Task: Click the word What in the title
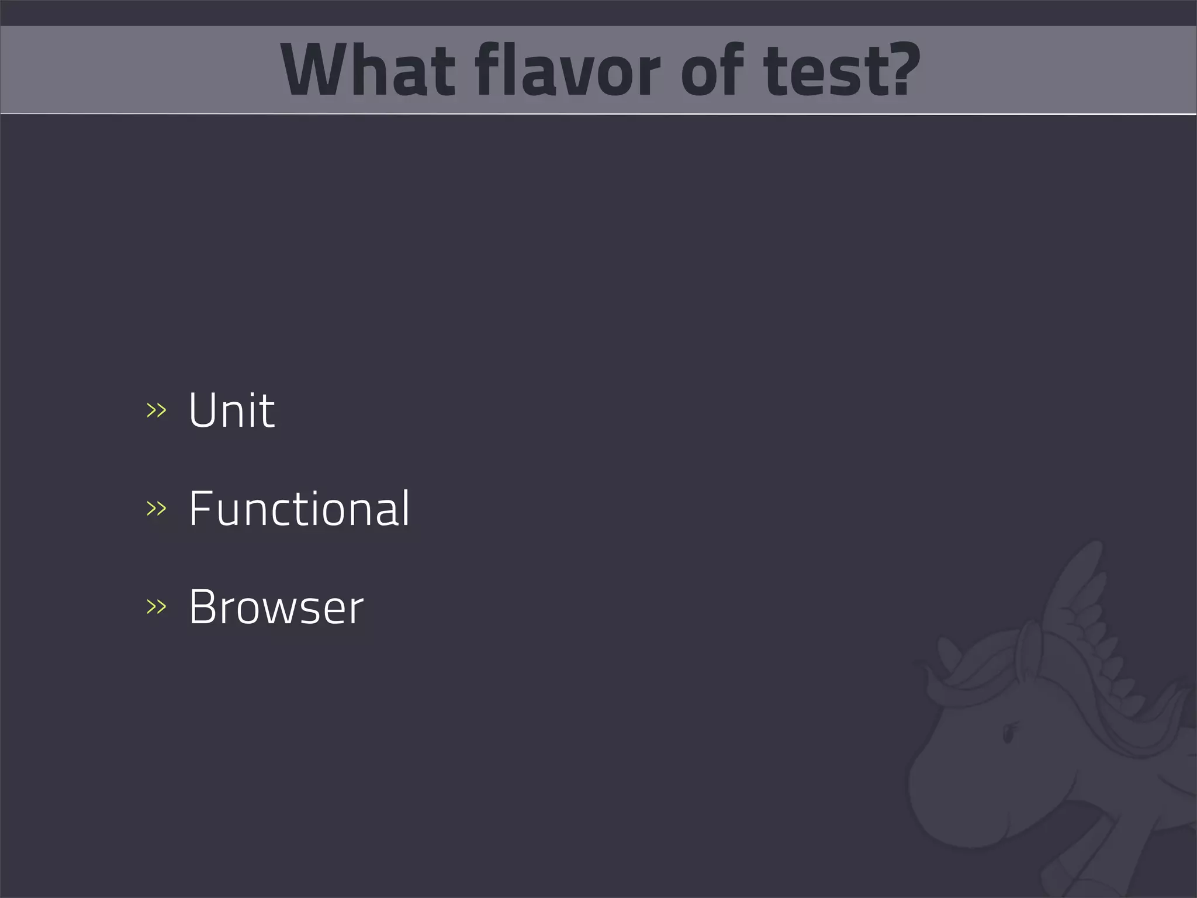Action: pyautogui.click(x=368, y=70)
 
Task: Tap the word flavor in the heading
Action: pyautogui.click(x=568, y=70)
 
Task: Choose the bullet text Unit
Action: pyautogui.click(x=231, y=410)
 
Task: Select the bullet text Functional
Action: pyautogui.click(x=299, y=509)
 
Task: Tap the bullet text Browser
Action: pyautogui.click(x=276, y=607)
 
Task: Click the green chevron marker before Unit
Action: pyautogui.click(x=156, y=410)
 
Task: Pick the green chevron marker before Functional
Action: pyautogui.click(x=156, y=509)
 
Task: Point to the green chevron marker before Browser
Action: pyautogui.click(x=156, y=607)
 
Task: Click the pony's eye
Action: pyautogui.click(x=1008, y=734)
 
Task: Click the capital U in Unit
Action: pyautogui.click(x=203, y=410)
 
